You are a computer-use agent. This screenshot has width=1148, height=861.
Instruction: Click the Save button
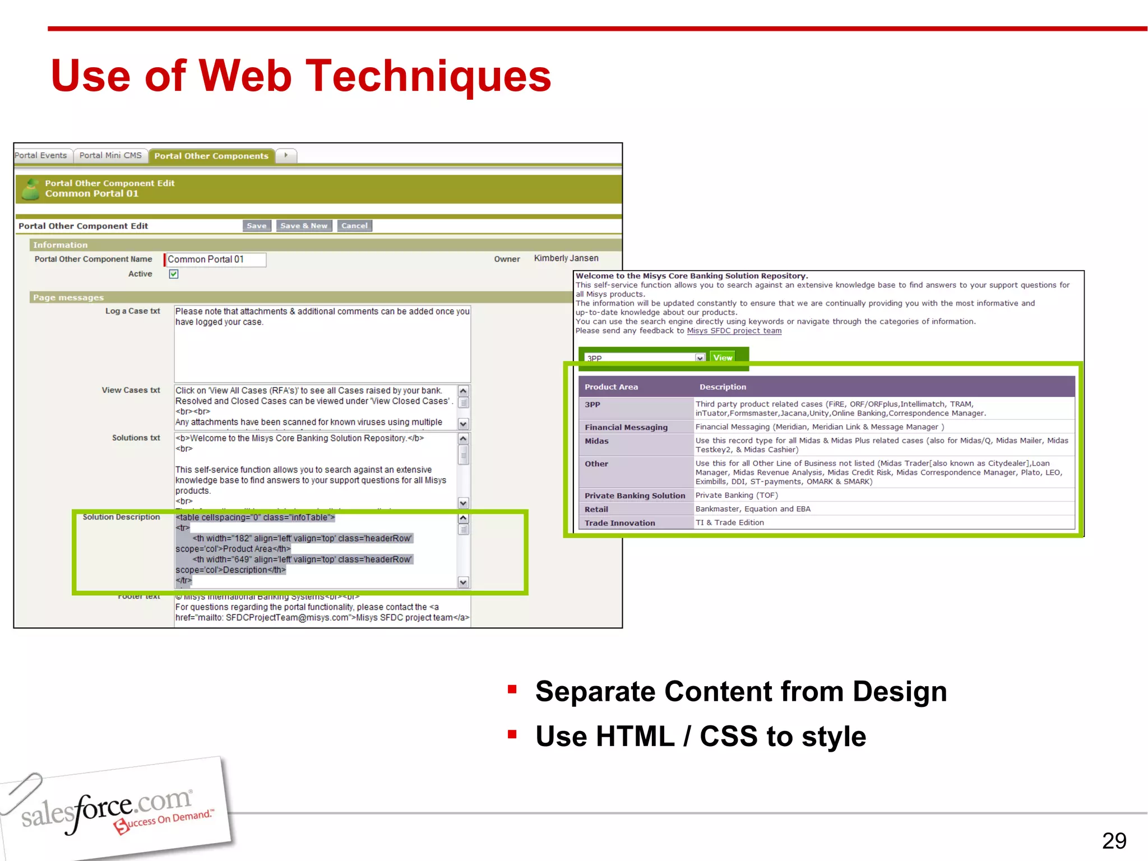(257, 226)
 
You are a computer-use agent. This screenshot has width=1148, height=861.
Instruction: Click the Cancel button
(354, 226)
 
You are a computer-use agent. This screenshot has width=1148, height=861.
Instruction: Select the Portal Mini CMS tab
(110, 156)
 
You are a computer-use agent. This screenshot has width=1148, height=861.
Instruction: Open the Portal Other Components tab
(211, 156)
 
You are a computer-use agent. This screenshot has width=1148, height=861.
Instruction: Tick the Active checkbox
(174, 274)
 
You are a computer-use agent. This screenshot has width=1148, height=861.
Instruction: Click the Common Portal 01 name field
(215, 260)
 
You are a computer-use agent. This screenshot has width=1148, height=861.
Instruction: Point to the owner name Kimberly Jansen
(566, 258)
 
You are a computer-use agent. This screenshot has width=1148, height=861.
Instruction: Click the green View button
(723, 358)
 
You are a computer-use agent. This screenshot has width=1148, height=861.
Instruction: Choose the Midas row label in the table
(596, 441)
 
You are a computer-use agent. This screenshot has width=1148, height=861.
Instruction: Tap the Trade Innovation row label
(619, 523)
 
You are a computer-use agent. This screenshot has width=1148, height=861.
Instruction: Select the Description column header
(723, 387)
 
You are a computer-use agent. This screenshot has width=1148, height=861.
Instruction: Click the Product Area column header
(611, 387)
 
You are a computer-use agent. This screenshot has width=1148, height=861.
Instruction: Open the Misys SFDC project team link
(734, 331)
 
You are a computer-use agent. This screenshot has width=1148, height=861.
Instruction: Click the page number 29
(1114, 841)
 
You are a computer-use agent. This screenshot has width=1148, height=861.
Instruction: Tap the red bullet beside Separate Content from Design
(512, 689)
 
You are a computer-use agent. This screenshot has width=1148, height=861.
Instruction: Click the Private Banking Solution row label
(635, 496)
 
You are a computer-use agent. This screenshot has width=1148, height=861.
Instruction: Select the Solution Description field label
(121, 517)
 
